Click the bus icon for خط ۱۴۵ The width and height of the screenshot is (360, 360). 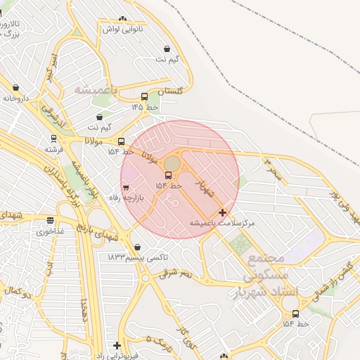144,97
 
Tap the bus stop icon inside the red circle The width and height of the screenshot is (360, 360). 168,176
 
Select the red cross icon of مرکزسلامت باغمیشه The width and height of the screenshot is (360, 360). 223,212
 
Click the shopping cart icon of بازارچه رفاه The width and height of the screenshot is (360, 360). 126,188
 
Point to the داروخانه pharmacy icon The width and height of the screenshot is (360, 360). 15,88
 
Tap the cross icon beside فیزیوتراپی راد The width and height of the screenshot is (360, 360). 117,345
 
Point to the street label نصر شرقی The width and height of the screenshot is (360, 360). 175,272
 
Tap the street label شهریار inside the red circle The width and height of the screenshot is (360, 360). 204,185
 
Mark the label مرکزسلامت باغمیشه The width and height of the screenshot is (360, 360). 222,222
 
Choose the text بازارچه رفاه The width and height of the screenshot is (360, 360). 148,198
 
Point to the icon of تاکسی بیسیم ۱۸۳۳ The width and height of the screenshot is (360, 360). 136,247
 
